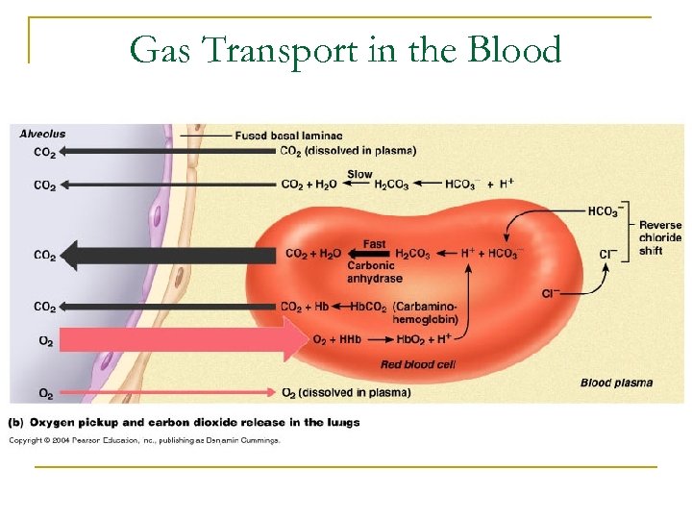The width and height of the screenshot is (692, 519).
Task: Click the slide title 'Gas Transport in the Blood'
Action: click(x=345, y=50)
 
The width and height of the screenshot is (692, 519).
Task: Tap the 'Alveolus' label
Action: click(x=43, y=134)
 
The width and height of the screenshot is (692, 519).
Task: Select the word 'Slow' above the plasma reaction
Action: click(x=359, y=175)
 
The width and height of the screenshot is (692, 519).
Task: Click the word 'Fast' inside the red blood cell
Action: click(x=375, y=244)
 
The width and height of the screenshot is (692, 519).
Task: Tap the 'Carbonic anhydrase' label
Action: click(x=375, y=272)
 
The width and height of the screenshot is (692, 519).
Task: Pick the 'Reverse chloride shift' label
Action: click(x=660, y=237)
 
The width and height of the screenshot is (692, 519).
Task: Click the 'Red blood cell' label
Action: click(x=418, y=364)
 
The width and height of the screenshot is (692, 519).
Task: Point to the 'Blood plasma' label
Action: click(x=616, y=383)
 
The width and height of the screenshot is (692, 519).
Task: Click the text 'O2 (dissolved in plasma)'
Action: click(x=346, y=392)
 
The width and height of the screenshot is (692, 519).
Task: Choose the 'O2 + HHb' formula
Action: click(x=336, y=339)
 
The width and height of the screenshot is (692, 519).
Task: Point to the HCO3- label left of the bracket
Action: click(x=603, y=211)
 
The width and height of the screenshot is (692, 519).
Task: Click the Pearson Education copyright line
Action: click(x=144, y=440)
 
